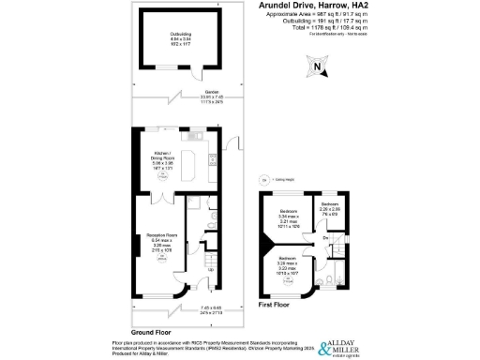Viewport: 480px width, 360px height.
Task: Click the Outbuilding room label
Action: click(181, 38)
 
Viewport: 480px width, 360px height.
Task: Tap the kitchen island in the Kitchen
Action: click(196, 166)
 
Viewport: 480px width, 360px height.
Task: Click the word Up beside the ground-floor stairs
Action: click(196, 271)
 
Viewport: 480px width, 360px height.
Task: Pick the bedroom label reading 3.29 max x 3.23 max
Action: click(287, 265)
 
